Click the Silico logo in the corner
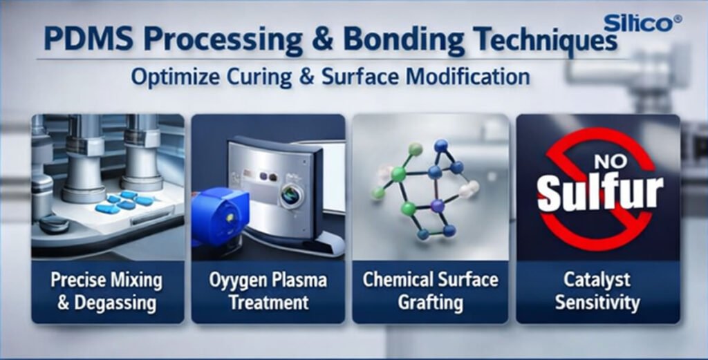pyautogui.click(x=641, y=23)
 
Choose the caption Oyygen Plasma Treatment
pyautogui.click(x=268, y=291)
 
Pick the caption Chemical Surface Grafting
pyautogui.click(x=430, y=291)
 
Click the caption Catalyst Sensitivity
pyautogui.click(x=597, y=291)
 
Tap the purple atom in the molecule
pyautogui.click(x=437, y=205)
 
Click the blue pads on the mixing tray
pyautogui.click(x=125, y=202)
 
